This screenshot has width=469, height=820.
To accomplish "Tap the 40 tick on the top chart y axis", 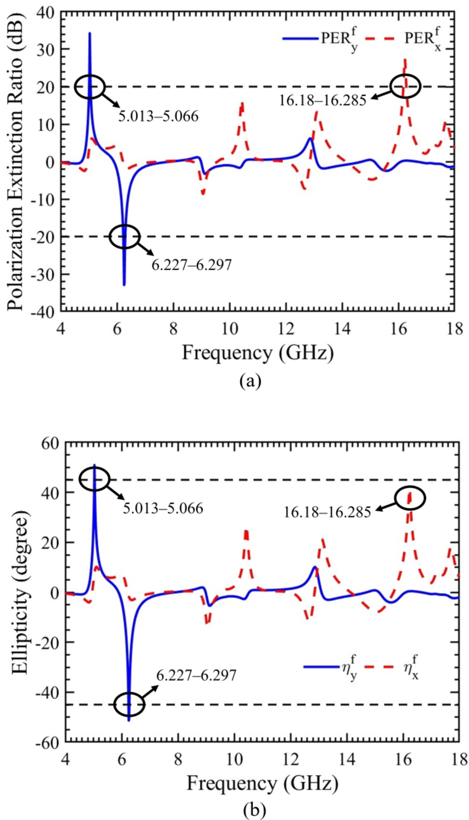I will [x=47, y=12].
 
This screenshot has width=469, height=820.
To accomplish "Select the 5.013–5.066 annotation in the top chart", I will [x=158, y=116].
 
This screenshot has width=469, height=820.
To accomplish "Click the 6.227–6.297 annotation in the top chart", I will [x=192, y=265].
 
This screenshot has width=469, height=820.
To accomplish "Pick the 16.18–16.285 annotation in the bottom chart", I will [x=327, y=512].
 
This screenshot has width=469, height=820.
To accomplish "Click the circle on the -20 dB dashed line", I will [x=125, y=237].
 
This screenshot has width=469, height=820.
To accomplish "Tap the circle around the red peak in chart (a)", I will [x=405, y=86].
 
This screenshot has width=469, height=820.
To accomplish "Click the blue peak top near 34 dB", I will [x=89, y=33].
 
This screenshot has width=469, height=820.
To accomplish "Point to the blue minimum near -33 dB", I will [x=124, y=284].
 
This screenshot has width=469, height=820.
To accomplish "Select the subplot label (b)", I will [x=255, y=811].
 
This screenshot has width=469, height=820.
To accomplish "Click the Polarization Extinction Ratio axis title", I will [x=16, y=161].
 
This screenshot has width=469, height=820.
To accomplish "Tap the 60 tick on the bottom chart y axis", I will [x=49, y=443].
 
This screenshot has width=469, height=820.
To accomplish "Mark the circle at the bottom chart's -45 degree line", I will [x=129, y=705].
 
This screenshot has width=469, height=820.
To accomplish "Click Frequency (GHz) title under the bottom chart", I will [x=262, y=783].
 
